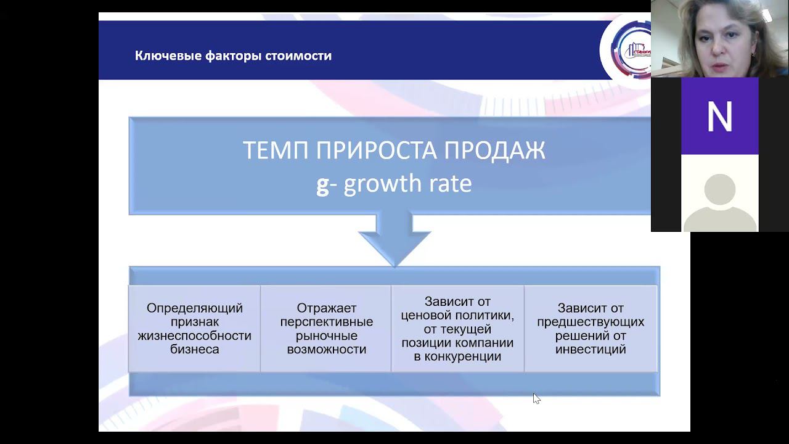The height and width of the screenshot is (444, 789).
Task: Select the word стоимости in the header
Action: coord(298,56)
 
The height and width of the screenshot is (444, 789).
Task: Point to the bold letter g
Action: coord(322,184)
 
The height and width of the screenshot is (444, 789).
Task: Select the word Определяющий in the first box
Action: coord(195,308)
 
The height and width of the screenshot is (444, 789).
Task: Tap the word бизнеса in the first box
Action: coord(195,349)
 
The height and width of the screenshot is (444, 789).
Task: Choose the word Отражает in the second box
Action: coord(327,308)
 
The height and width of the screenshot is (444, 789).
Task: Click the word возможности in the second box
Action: coord(327,349)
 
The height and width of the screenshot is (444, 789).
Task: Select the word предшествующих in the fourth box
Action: coord(591,322)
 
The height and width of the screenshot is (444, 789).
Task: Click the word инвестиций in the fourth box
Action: coord(591,349)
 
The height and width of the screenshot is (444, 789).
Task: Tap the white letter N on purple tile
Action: coord(719,116)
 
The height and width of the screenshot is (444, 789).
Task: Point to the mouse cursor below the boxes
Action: coord(536,398)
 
